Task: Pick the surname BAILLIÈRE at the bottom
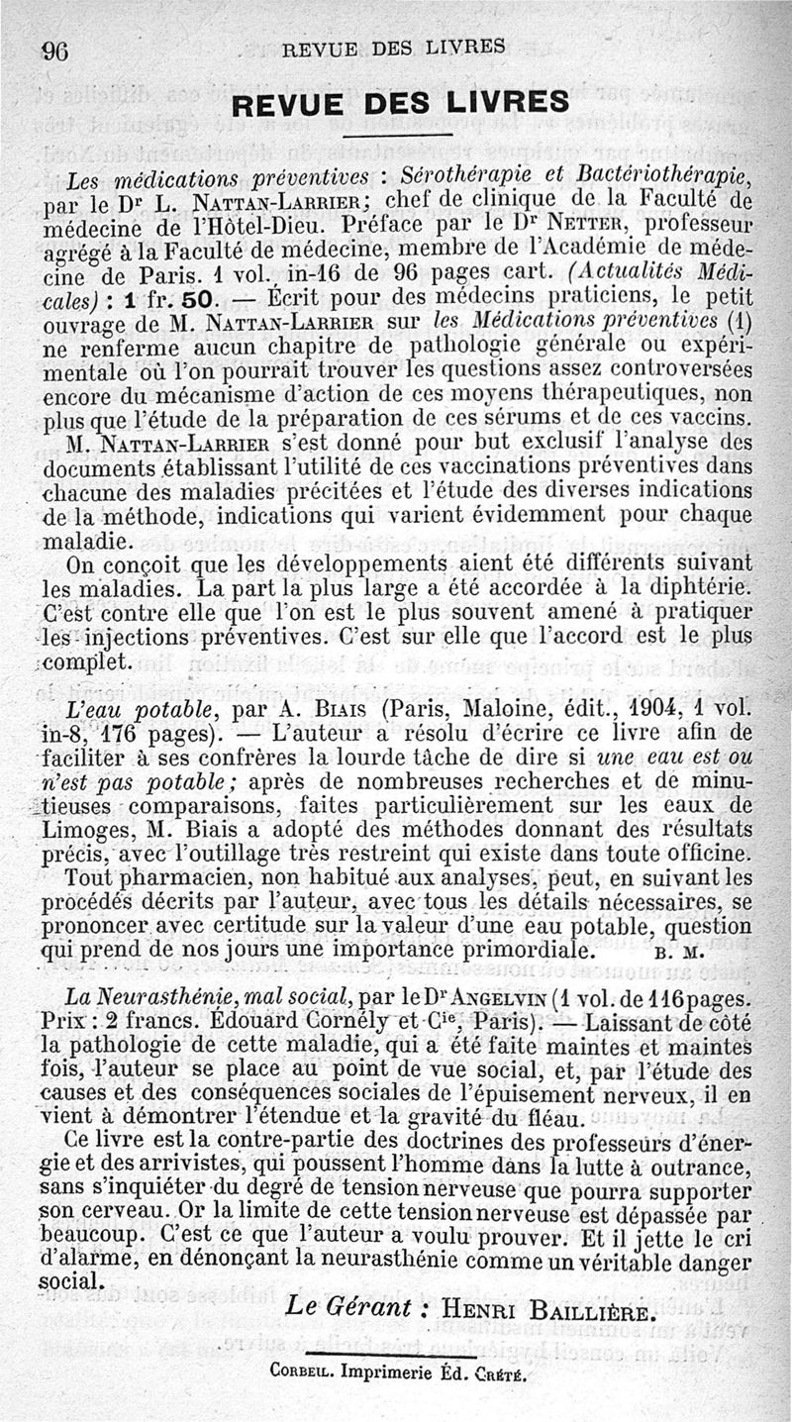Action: point(592,1309)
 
